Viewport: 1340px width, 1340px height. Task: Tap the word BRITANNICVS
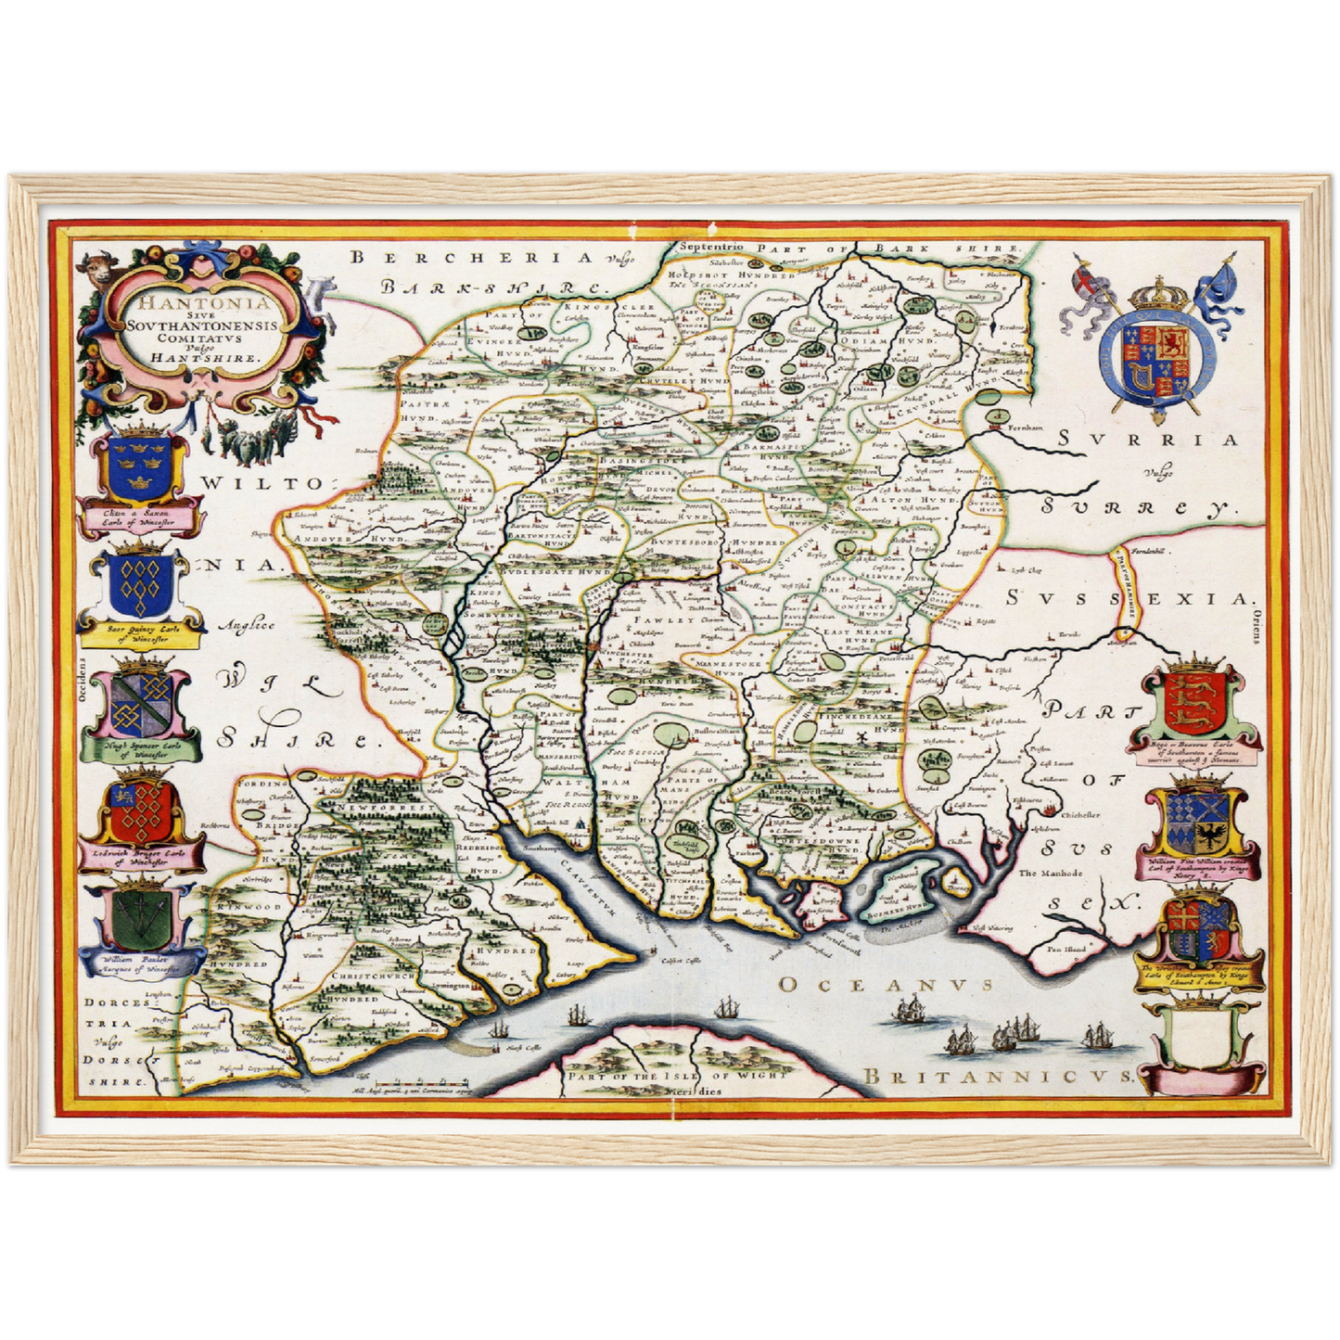coord(998,1076)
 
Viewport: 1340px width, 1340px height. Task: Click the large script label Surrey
coord(1136,506)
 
